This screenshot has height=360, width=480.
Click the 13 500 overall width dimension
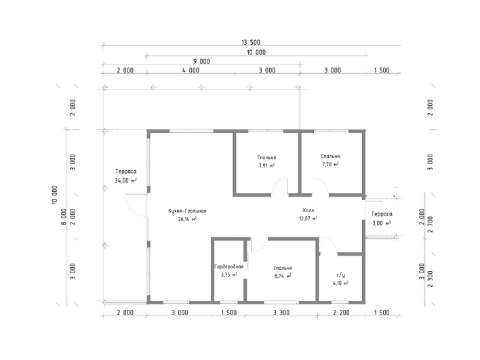pos(251,42)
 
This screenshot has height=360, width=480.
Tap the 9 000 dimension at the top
pos(201,61)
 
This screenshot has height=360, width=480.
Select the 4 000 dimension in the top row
pos(191,70)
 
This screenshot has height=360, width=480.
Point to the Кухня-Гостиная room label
pos(187,211)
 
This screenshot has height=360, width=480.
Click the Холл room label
pos(308,210)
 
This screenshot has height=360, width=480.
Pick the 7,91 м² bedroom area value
pos(266,165)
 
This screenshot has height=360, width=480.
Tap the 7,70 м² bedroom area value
pos(330,164)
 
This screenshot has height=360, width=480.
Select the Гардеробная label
pos(229,266)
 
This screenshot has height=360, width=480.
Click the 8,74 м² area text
pos(283,276)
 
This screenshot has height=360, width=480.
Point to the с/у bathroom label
pos(340,275)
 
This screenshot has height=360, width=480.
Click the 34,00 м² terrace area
pos(125,180)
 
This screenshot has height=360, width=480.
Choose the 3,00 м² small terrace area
pos(382,223)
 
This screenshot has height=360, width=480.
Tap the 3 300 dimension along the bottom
pos(281,313)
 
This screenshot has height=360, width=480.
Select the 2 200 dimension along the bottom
pos(341,313)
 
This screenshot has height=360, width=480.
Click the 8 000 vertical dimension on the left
pos(64,217)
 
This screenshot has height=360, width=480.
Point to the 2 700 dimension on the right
pos(430,224)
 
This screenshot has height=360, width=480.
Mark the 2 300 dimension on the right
pos(430,279)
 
